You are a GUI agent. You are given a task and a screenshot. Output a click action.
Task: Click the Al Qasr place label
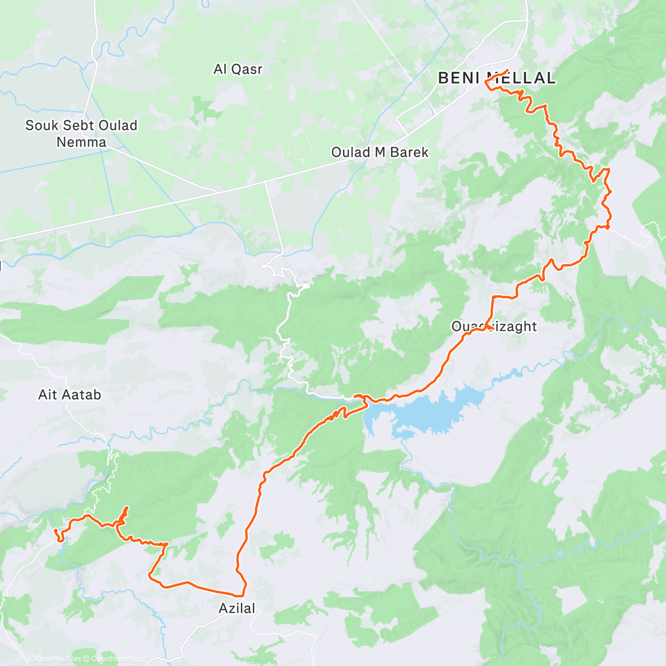(238, 69)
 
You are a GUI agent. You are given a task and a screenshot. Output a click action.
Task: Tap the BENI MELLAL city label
(496, 78)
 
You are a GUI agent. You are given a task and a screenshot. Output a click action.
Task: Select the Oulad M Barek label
(380, 152)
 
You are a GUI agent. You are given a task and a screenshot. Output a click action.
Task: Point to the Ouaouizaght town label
(494, 326)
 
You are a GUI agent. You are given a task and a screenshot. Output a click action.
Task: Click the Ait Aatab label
(69, 395)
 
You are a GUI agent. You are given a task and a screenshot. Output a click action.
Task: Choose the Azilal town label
(237, 608)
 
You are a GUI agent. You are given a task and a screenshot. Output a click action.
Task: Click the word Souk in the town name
(41, 125)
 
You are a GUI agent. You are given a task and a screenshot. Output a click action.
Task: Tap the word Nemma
(81, 142)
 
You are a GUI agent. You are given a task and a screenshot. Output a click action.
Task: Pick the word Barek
(410, 152)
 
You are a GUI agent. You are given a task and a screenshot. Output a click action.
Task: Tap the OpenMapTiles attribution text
(58, 659)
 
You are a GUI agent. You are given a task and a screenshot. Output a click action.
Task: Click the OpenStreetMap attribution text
(116, 659)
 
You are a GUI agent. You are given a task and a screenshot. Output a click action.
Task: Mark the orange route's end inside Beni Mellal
(507, 70)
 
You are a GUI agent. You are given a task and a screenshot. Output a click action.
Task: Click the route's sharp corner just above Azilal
(243, 595)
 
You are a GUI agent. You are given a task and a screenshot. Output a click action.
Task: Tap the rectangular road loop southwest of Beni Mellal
(415, 114)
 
